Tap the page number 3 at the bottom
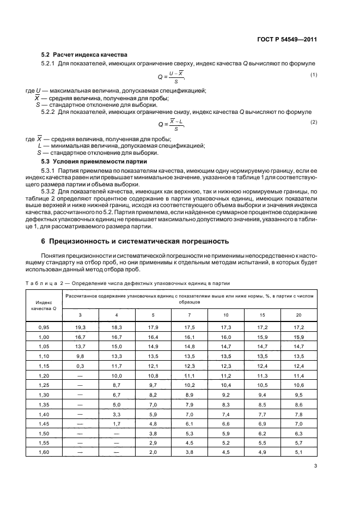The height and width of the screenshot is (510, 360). pos(316,466)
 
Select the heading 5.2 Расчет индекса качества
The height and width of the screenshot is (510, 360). pos(84,55)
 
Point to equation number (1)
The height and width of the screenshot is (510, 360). pos(314,74)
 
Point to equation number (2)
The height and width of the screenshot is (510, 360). pos(314,122)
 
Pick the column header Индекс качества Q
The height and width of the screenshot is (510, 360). pos(45,305)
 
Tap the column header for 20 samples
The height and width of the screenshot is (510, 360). pos(298,315)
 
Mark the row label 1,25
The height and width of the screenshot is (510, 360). pos(45,385)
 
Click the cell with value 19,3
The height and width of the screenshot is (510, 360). pos(81,326)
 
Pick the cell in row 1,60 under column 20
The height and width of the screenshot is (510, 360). pos(298,452)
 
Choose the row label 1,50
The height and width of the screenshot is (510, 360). pos(45,433)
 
